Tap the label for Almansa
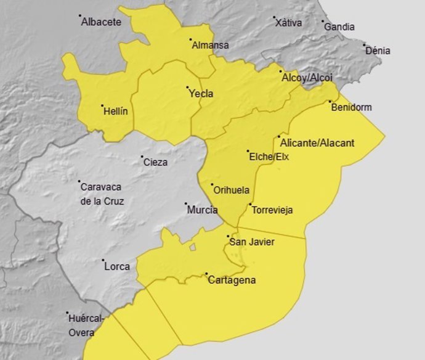pyautogui.click(x=210, y=45)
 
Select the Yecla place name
pyautogui.click(x=200, y=94)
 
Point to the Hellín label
pyautogui.click(x=116, y=112)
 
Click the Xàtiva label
pyautogui.click(x=288, y=23)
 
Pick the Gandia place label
pyautogui.click(x=339, y=27)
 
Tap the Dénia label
pyautogui.click(x=378, y=51)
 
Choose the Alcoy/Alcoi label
pyautogui.click(x=307, y=78)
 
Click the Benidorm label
pyautogui.click(x=352, y=107)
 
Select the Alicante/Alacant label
pyautogui.click(x=317, y=143)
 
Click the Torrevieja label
pyautogui.click(x=272, y=210)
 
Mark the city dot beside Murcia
pyautogui.click(x=185, y=203)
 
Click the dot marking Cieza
pyautogui.click(x=142, y=157)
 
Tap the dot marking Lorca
pyautogui.click(x=103, y=260)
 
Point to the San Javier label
pyautogui.click(x=252, y=242)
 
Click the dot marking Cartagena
pyautogui.click(x=206, y=275)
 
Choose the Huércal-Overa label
pyautogui.click(x=86, y=325)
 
